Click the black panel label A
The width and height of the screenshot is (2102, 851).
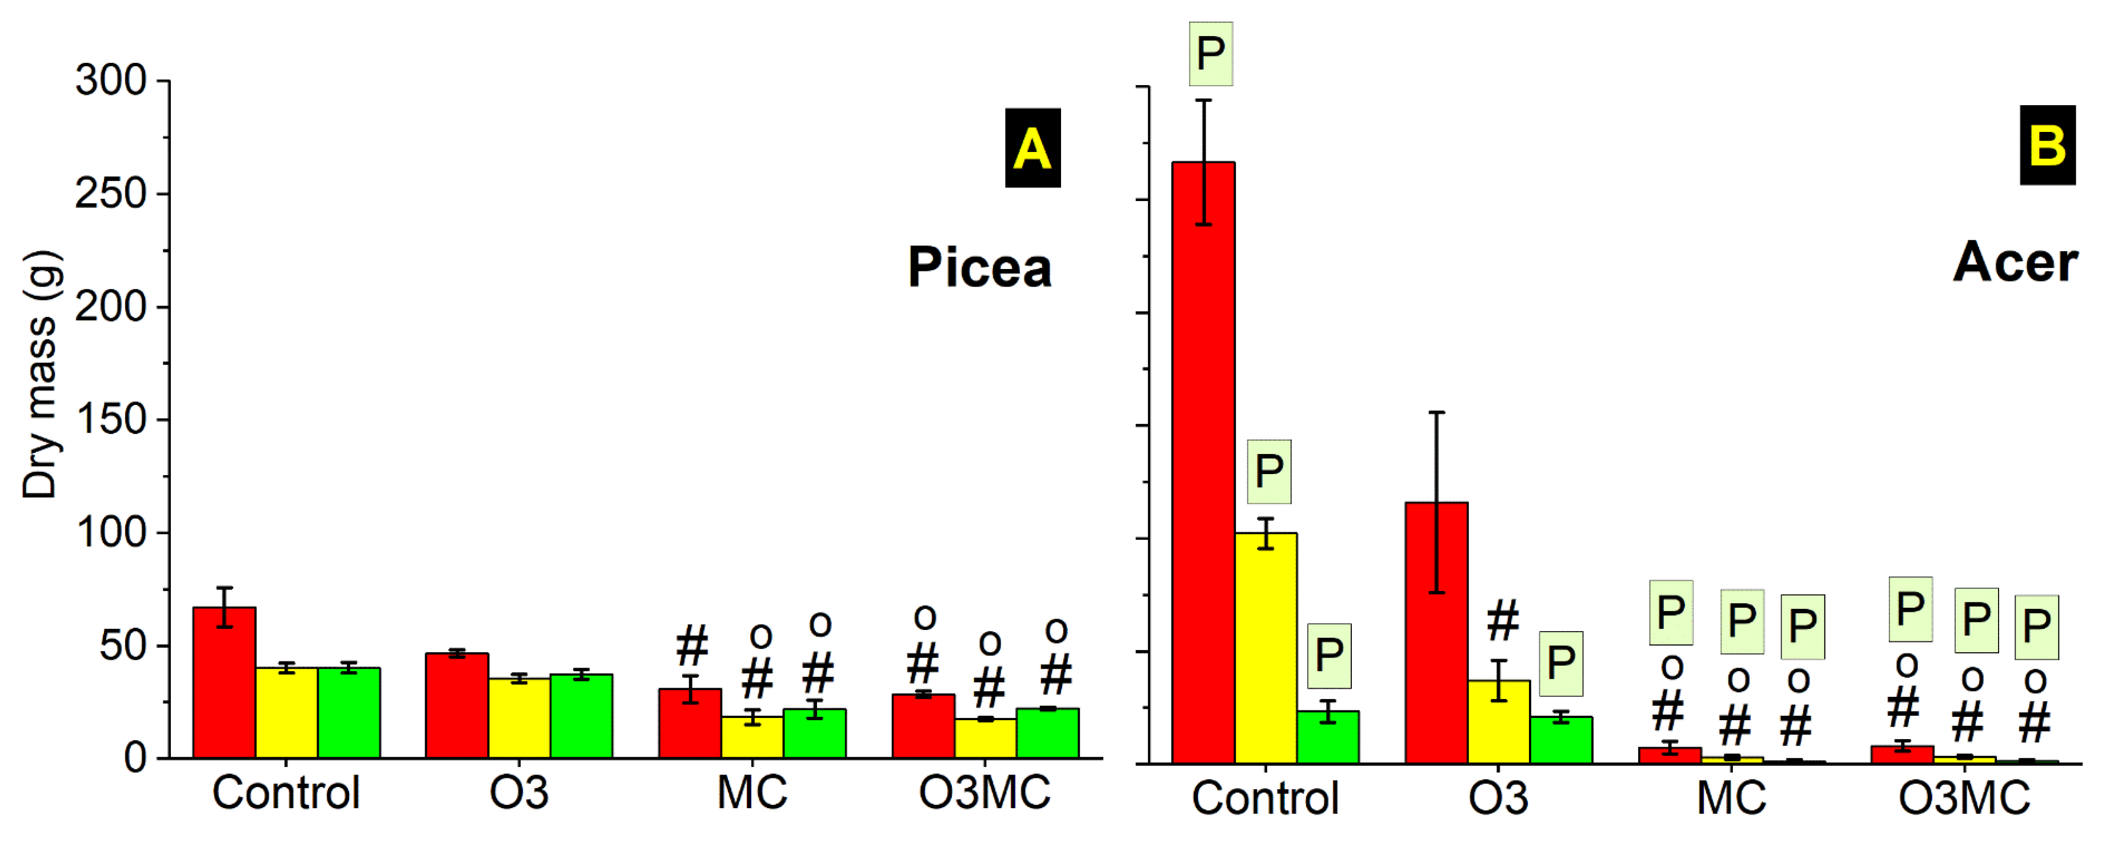1032,148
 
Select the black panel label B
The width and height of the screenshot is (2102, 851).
2047,145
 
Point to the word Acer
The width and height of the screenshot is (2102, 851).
2015,262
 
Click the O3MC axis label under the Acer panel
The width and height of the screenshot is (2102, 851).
1963,797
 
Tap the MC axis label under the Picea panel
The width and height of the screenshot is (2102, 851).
751,792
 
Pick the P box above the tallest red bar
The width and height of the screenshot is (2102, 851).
1210,54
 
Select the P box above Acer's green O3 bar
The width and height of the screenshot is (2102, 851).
1560,663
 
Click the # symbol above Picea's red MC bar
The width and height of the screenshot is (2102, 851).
692,645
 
